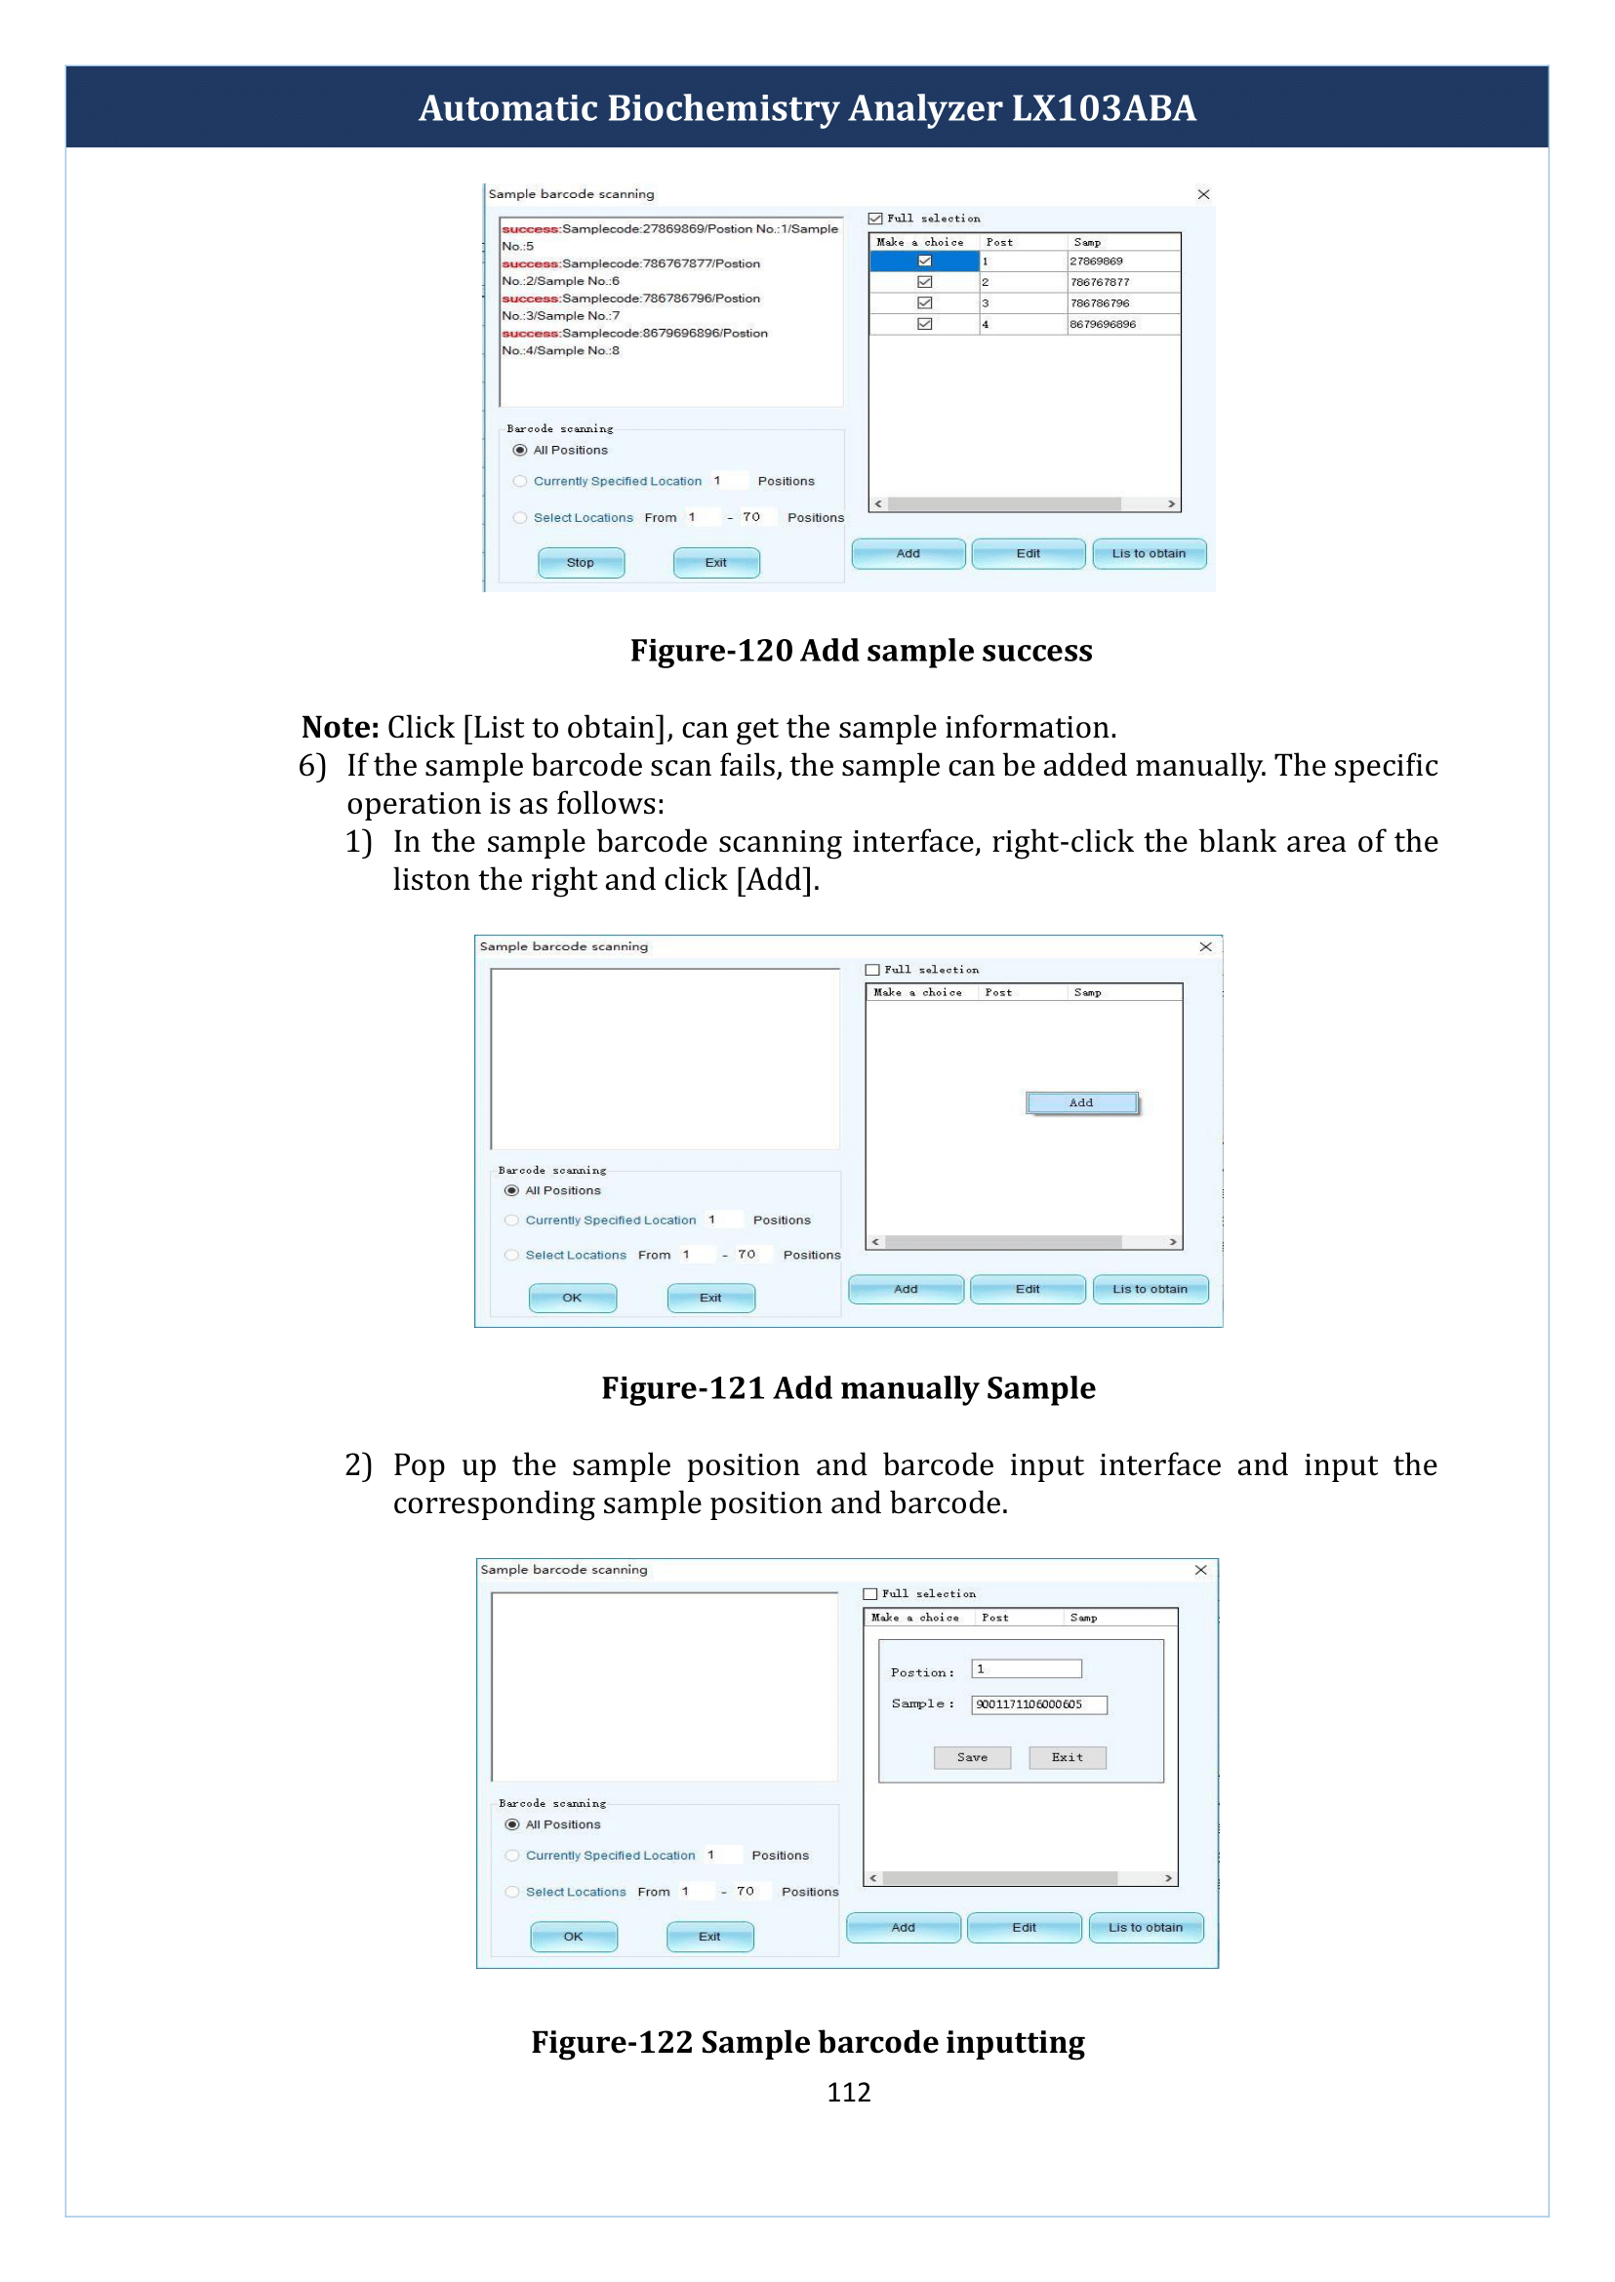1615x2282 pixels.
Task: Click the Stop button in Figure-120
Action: (x=581, y=563)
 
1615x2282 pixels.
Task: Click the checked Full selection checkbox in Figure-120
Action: (x=875, y=219)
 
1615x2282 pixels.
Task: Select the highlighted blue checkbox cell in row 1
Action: (x=924, y=261)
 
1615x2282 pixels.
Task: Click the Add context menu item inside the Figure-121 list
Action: (x=1081, y=1102)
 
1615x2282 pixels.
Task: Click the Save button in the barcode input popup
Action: (x=972, y=1757)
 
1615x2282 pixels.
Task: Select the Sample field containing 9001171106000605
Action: (x=1039, y=1704)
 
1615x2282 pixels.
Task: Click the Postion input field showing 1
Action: (x=1027, y=1668)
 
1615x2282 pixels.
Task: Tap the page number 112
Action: (x=848, y=2092)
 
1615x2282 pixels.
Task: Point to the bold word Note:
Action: (x=341, y=727)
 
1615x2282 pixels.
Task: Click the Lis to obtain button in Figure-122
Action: (x=1146, y=1927)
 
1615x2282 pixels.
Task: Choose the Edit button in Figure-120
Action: (x=1029, y=554)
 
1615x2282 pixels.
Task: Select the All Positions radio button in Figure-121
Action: (x=512, y=1190)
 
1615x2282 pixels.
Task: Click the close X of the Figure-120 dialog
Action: (x=1203, y=194)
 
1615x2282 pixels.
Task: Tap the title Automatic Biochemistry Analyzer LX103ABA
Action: (x=808, y=107)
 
